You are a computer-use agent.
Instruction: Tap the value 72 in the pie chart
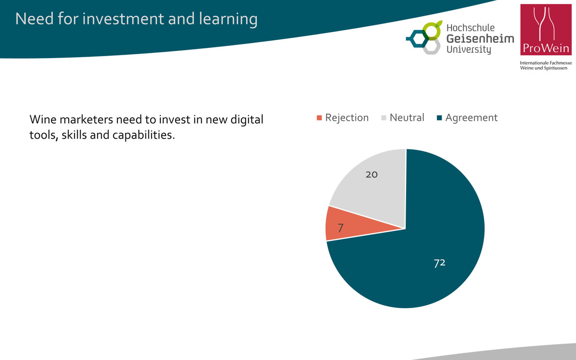(440, 263)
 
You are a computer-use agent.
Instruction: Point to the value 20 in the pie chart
(372, 175)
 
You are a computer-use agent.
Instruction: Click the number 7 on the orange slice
(341, 228)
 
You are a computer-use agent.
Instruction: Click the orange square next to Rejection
(319, 118)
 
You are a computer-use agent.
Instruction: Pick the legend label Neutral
(407, 118)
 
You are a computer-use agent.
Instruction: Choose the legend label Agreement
(471, 118)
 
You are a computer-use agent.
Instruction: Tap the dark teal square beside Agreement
(440, 118)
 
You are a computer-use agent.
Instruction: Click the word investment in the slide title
(123, 19)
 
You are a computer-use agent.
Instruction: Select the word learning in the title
(228, 19)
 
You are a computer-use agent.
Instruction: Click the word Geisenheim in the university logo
(480, 38)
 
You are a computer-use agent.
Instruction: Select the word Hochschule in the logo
(470, 28)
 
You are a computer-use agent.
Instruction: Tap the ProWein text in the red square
(546, 48)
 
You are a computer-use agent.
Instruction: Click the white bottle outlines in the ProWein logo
(544, 24)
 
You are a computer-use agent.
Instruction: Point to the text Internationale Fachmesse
(546, 63)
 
